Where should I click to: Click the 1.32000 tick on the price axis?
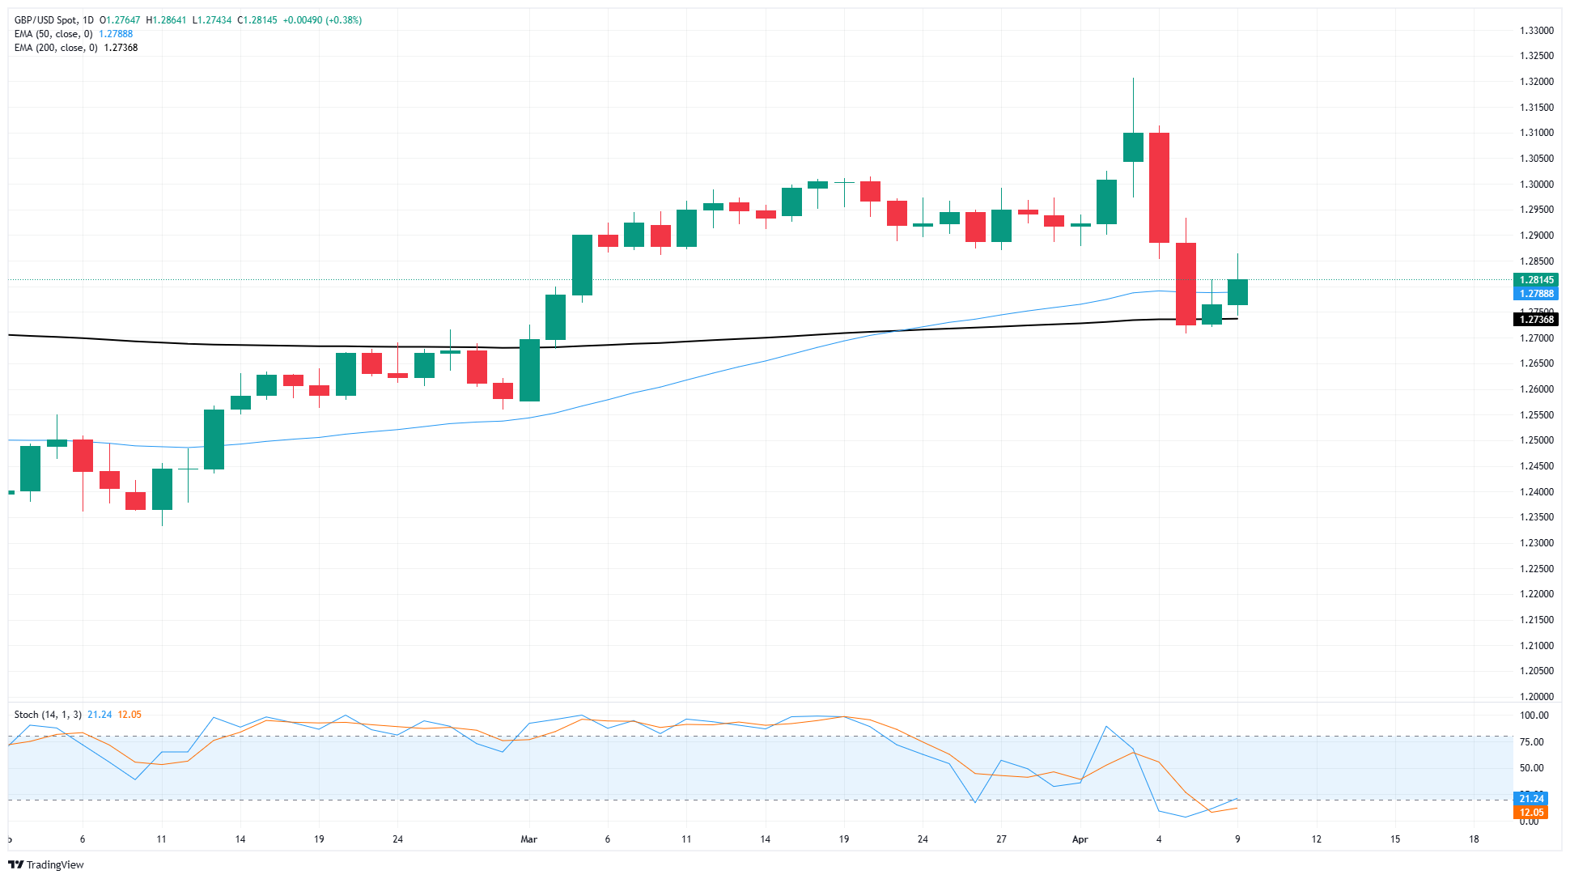coord(1536,82)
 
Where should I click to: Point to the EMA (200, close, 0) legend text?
coord(56,48)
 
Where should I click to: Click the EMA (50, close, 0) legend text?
coord(53,34)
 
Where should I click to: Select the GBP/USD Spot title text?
coord(48,20)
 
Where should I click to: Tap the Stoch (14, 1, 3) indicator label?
coord(48,715)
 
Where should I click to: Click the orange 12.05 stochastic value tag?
coord(1530,813)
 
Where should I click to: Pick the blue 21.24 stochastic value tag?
coord(1530,799)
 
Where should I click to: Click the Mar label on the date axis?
coord(528,839)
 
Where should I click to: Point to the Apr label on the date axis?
coord(1080,839)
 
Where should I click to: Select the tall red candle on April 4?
coord(1159,188)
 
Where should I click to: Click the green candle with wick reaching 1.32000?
coord(1133,147)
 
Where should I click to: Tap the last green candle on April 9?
coord(1237,292)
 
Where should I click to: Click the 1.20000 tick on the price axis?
coord(1536,696)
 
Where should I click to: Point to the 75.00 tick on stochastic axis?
coord(1531,741)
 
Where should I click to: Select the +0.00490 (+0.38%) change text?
coord(322,20)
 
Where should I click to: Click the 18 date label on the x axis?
coord(1474,839)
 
